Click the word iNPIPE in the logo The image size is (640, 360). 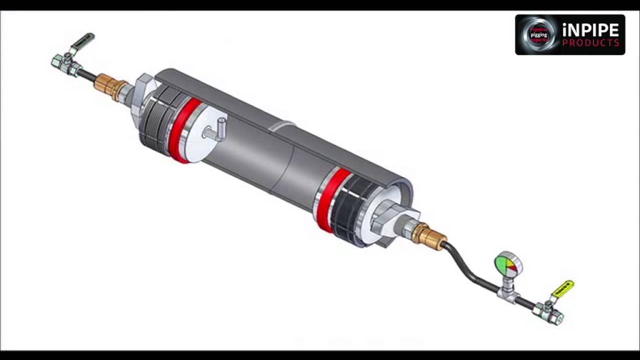point(591,30)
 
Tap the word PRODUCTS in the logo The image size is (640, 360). point(590,43)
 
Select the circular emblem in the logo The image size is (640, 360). point(538,34)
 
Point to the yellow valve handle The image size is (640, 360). point(563,288)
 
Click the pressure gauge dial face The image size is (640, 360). point(507,265)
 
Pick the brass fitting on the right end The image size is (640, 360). point(429,235)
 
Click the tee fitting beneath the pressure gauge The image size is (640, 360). point(507,293)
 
